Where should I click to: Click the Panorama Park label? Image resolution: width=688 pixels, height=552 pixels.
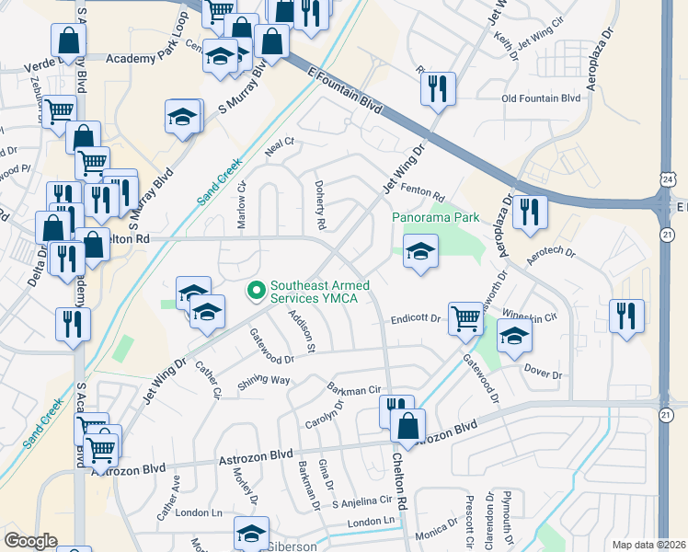coord(436,218)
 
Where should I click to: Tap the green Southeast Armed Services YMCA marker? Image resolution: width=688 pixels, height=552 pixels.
coord(255,291)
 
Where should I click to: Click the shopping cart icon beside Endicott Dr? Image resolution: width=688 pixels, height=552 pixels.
coord(466,318)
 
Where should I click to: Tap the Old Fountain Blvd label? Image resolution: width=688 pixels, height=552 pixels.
coord(541,98)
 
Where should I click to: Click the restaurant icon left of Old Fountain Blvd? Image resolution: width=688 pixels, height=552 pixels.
coord(437,88)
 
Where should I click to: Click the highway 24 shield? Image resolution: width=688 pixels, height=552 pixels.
coord(666,178)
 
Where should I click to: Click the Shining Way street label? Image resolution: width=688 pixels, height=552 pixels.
coord(264,381)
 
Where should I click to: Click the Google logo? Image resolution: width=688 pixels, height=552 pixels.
coord(29,541)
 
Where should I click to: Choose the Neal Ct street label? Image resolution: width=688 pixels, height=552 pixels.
coord(279,143)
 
